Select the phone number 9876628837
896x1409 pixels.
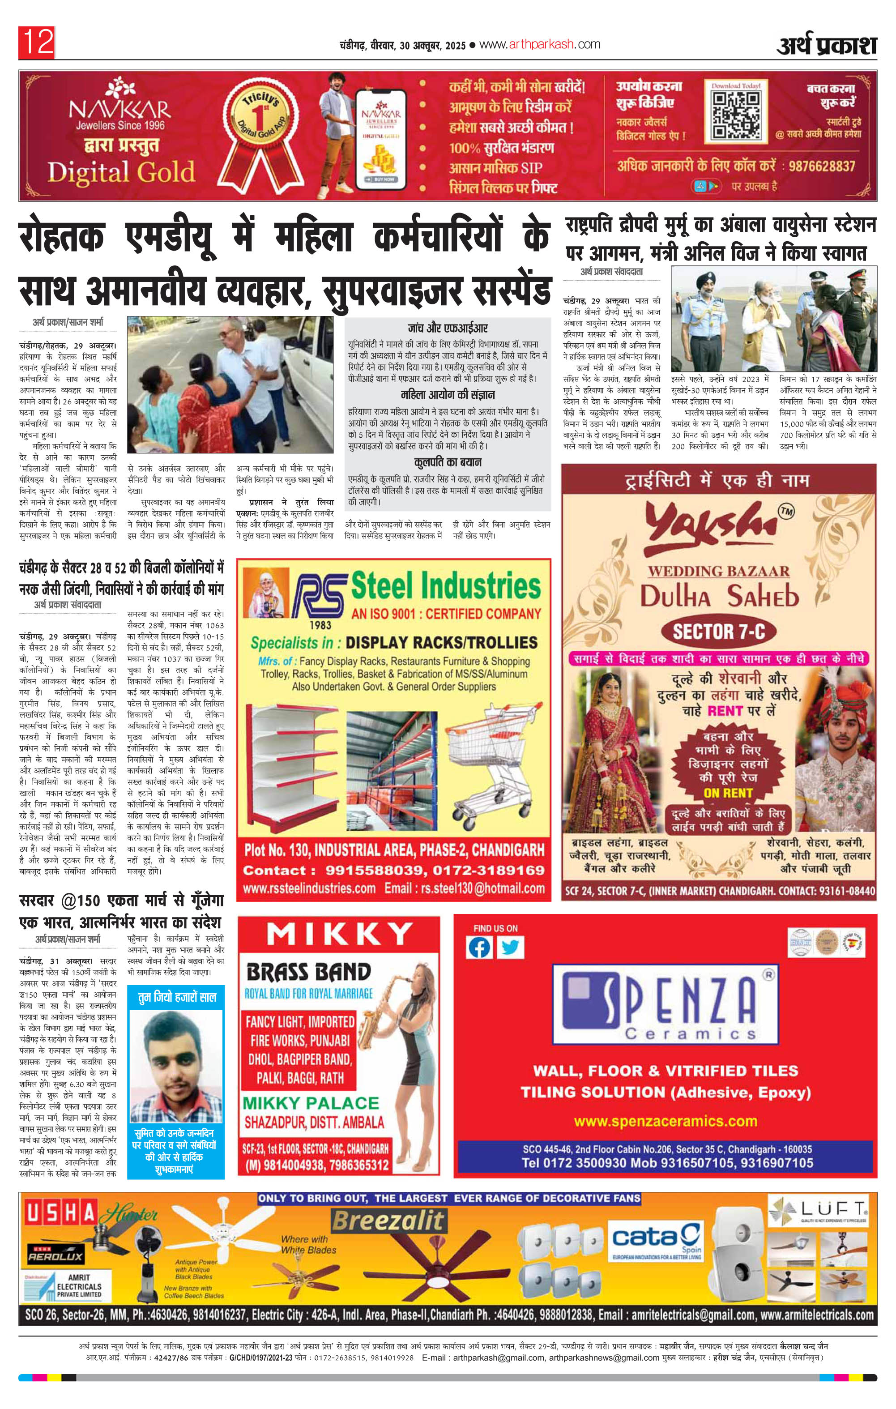822,166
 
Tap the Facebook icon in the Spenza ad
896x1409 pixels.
479,948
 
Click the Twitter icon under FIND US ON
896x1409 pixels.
510,948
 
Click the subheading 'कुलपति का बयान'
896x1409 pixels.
448,463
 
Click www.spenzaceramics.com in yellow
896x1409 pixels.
666,1121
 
